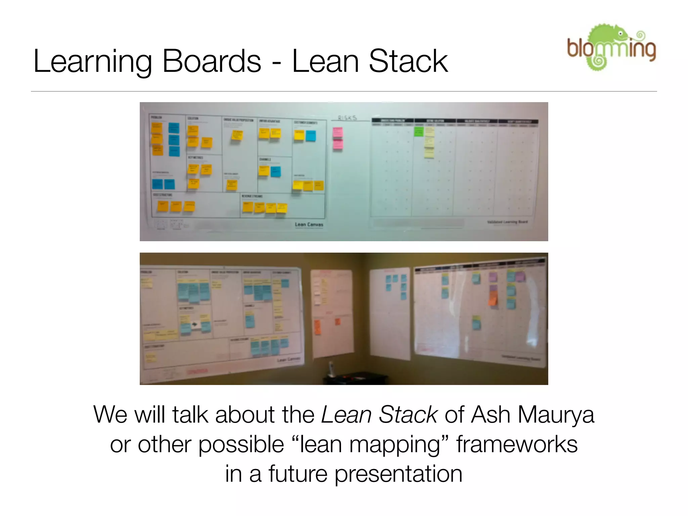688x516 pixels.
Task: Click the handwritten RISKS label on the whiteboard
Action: (x=347, y=118)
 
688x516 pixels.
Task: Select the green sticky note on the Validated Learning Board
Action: (x=419, y=131)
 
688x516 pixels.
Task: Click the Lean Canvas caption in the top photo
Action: (x=309, y=224)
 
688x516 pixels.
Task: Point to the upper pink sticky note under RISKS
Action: (x=338, y=132)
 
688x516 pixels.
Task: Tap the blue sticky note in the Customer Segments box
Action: (x=310, y=135)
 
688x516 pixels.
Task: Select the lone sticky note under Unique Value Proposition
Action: (x=237, y=135)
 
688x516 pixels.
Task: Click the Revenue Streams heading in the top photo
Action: (x=252, y=196)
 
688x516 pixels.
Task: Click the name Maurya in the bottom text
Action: (x=556, y=415)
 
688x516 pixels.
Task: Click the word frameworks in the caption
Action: (x=517, y=444)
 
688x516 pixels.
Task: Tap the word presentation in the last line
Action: (x=398, y=474)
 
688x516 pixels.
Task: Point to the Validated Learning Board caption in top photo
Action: (x=507, y=222)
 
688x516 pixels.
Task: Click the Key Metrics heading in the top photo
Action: (x=195, y=158)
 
